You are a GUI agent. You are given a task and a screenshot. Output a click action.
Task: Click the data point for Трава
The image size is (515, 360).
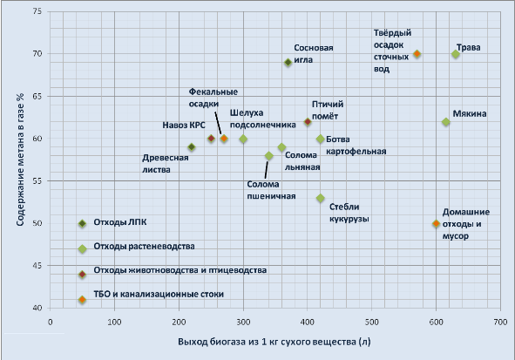(456, 54)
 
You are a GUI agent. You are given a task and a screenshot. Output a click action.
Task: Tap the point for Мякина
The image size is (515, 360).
(446, 122)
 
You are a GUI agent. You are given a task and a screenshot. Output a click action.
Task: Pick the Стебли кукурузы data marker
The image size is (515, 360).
(321, 199)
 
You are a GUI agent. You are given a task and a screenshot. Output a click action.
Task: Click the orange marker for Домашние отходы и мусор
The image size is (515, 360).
(437, 224)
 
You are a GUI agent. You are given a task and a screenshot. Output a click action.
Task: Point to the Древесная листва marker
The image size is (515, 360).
(192, 147)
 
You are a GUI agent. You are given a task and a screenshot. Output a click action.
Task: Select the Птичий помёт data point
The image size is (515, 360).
(308, 122)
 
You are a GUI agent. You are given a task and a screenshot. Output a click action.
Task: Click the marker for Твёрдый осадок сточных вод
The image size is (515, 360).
(417, 54)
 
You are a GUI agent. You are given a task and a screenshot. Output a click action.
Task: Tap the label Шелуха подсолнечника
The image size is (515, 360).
(264, 119)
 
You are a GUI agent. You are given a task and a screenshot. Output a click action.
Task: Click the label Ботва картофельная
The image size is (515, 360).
(356, 145)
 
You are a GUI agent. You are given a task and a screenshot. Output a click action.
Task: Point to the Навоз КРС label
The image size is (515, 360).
(185, 125)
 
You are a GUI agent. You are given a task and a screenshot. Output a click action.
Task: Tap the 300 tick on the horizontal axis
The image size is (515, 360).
(243, 322)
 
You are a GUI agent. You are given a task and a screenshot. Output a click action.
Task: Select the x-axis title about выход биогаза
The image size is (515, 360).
(274, 342)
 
